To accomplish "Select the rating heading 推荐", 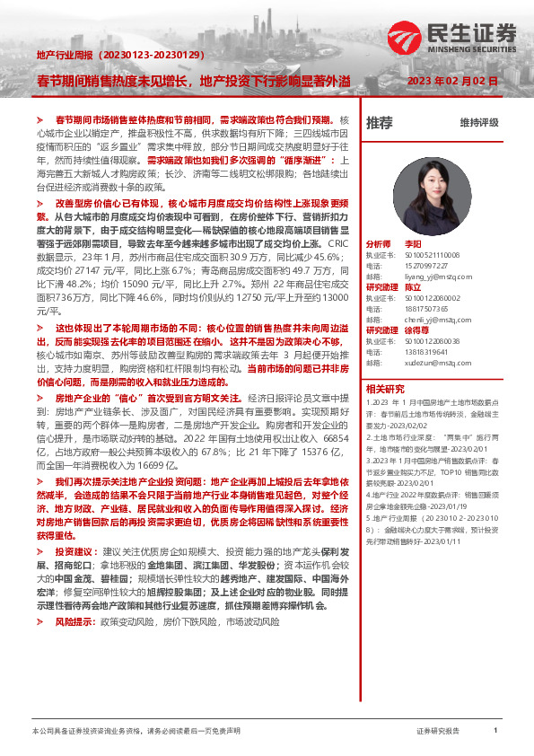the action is [x=380, y=122].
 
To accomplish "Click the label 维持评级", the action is [x=478, y=122].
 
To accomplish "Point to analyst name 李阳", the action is [x=412, y=244].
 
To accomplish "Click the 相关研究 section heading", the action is [x=385, y=389].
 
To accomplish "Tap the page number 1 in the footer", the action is [x=495, y=731].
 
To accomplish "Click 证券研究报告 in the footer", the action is [x=438, y=731].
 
